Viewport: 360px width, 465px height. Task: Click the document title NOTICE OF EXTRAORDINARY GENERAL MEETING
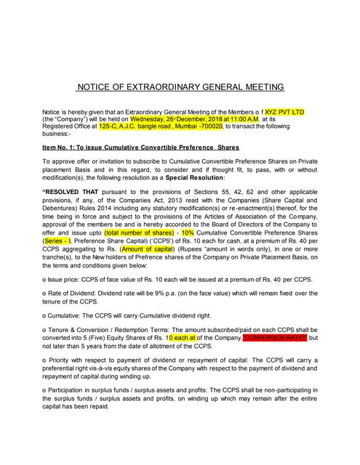coord(180,86)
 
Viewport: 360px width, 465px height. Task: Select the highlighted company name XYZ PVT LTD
coord(285,112)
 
